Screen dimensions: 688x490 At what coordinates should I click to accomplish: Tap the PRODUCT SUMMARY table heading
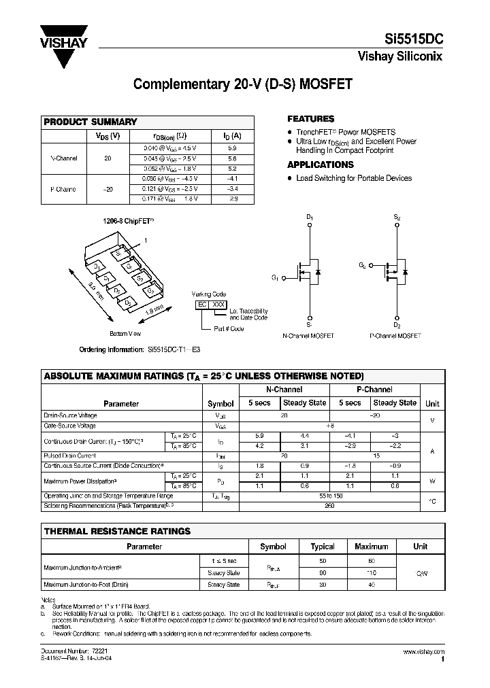tap(91, 122)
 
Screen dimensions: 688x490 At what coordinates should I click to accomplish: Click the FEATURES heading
tap(310, 119)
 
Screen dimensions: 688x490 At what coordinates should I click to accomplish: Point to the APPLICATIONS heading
tap(320, 165)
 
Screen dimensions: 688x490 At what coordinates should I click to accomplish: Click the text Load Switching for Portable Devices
tap(353, 178)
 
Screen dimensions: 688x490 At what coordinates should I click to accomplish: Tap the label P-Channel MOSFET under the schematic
tap(395, 336)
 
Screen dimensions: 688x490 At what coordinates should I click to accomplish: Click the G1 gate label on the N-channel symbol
tap(275, 277)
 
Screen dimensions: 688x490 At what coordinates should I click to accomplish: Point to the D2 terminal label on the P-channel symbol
tap(396, 326)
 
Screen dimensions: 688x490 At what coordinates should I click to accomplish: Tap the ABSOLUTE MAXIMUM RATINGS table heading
tap(203, 376)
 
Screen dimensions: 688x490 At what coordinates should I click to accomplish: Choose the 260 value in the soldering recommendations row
tap(329, 505)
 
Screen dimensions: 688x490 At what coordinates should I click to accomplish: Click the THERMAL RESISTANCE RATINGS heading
tap(117, 531)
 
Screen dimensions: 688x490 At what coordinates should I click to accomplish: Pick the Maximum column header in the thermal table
tap(371, 546)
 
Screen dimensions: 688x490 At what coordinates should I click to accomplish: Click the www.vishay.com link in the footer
tap(422, 651)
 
